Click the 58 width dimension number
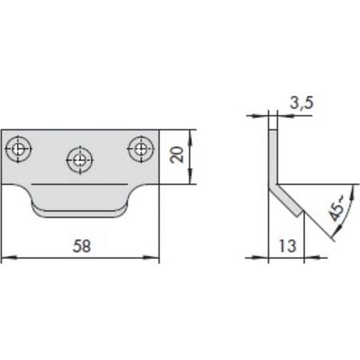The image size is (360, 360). (x=82, y=247)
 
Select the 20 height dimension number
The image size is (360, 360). (x=177, y=155)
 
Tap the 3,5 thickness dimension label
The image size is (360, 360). (x=302, y=103)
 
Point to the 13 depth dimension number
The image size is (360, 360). (x=287, y=246)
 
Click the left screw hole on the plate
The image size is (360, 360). (x=18, y=149)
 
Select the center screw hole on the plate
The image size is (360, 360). (x=80, y=160)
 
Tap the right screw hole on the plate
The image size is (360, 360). (x=141, y=149)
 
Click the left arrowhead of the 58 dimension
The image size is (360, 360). (x=9, y=257)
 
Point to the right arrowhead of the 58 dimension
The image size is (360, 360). (x=151, y=257)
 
